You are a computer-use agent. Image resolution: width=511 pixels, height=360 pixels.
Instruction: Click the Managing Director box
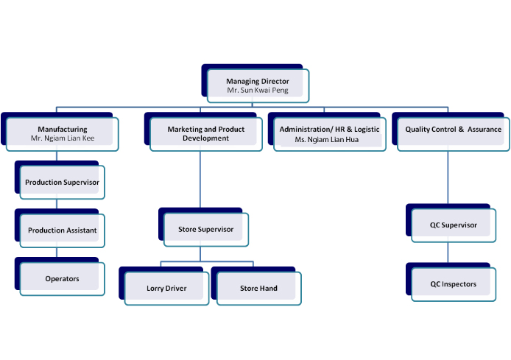coord(257,85)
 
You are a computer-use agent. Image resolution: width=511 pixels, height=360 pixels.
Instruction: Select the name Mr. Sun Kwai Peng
coord(257,91)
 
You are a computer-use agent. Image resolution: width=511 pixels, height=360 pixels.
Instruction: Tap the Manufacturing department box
coord(63,133)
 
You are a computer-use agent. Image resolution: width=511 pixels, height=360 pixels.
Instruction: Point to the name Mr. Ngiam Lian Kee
coord(63,138)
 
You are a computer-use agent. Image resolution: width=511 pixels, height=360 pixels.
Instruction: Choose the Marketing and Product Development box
coord(205,133)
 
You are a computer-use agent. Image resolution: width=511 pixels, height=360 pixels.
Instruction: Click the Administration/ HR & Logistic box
coord(329,133)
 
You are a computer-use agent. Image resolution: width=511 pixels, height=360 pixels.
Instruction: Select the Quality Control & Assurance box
coord(453,133)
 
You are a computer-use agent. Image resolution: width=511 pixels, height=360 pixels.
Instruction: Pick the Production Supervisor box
coord(62,182)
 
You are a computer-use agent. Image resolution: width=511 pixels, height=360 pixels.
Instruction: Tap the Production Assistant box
coord(62,230)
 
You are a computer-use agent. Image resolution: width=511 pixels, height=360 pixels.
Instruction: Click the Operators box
coord(62,279)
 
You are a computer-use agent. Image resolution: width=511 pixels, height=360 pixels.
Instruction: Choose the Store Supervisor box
coord(205,229)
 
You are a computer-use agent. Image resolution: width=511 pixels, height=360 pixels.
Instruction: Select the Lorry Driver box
coord(166,288)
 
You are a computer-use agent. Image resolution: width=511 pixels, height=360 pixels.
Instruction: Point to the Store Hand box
coord(258,288)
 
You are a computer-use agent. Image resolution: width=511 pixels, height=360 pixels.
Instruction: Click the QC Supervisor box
coord(454,225)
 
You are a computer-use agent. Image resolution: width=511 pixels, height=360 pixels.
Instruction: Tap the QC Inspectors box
coord(454,283)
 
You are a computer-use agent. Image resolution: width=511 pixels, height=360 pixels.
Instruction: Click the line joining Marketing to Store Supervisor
coord(201,180)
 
